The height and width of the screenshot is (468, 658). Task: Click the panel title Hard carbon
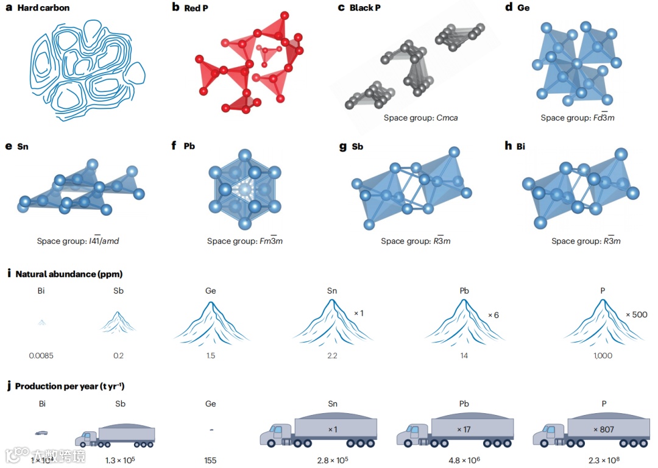[x=43, y=8]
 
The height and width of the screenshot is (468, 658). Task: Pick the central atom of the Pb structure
[x=244, y=191]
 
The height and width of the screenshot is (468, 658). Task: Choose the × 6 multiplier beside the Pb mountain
[x=493, y=315]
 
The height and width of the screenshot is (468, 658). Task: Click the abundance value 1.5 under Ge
[x=210, y=355]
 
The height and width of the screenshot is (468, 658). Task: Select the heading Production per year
[x=70, y=386]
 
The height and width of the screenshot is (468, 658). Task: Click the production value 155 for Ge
[x=210, y=460]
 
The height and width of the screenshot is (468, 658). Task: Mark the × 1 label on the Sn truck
[x=333, y=430]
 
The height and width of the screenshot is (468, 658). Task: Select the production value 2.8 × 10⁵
[x=333, y=460]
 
